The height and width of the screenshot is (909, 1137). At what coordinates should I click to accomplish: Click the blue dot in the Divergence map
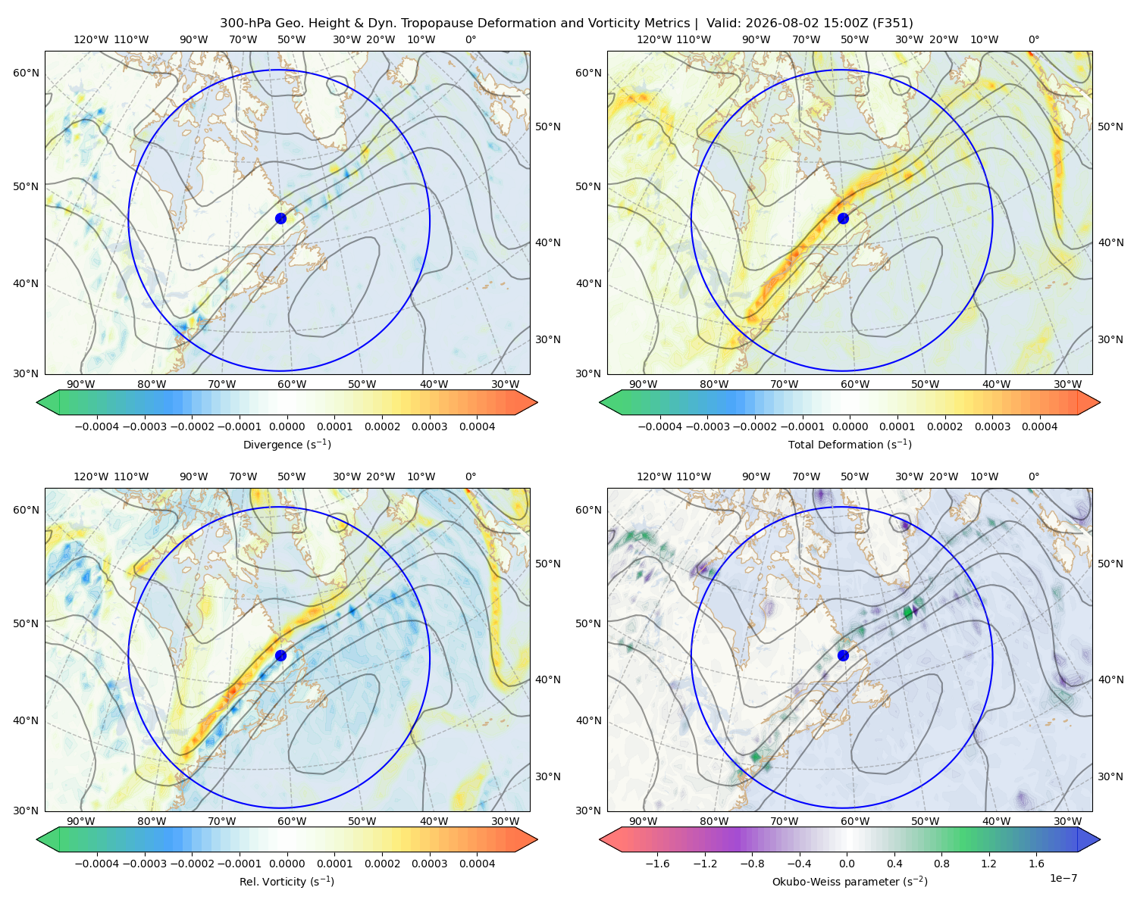[x=280, y=218]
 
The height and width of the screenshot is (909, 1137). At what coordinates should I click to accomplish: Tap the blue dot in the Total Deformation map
[x=843, y=218]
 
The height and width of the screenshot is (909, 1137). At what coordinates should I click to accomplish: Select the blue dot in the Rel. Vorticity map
[x=280, y=655]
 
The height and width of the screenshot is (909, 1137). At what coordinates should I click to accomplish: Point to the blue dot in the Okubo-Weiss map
[x=843, y=655]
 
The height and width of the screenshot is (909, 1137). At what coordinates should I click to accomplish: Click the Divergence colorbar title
[x=287, y=444]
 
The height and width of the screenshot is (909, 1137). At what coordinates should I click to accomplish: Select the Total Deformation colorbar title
[x=850, y=444]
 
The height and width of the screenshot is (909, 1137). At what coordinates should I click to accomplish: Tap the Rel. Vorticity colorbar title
[x=287, y=881]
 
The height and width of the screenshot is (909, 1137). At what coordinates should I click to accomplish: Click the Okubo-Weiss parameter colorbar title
[x=850, y=881]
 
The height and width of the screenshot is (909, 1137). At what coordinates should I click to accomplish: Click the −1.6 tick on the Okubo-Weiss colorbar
[x=657, y=863]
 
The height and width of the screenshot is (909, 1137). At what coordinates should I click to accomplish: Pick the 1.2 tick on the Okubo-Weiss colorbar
[x=988, y=863]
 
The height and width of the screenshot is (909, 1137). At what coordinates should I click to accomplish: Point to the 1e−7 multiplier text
[x=1063, y=878]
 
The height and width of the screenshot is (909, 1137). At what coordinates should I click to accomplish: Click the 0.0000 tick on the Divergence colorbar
[x=287, y=426]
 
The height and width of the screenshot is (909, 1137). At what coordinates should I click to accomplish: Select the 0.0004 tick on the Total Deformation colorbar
[x=1039, y=426]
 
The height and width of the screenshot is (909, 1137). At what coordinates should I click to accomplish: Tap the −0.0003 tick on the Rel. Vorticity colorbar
[x=144, y=863]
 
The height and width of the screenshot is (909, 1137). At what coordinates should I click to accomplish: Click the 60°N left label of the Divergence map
[x=26, y=73]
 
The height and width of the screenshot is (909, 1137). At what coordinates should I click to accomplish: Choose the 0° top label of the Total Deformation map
[x=1033, y=39]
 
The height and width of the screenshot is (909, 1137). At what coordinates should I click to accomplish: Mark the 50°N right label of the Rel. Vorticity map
[x=548, y=563]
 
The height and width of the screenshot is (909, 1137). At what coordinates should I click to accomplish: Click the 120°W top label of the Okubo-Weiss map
[x=654, y=476]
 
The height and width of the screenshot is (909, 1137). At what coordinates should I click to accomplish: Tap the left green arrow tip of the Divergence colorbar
[x=37, y=402]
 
